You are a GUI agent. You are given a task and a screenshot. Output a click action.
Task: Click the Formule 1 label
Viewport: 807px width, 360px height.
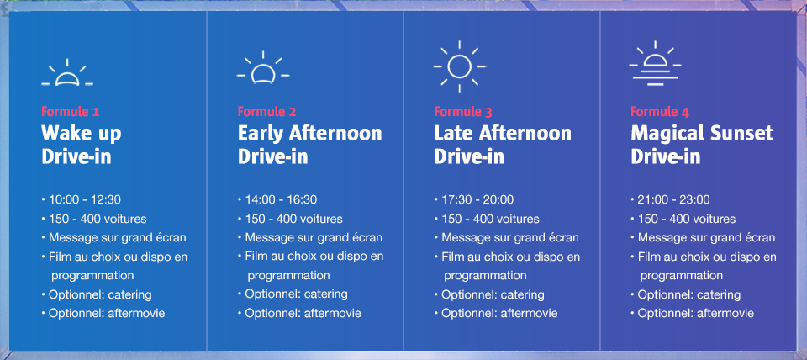[70, 112]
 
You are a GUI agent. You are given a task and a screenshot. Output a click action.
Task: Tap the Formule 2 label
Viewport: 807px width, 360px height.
[266, 112]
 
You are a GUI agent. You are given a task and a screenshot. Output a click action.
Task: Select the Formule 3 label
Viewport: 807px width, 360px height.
[463, 112]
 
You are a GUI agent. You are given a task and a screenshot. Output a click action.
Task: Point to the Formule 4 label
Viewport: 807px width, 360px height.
[660, 112]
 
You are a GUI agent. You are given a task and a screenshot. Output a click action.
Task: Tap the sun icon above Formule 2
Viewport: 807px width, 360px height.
[263, 68]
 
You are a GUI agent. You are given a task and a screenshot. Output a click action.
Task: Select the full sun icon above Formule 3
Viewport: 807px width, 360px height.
[460, 66]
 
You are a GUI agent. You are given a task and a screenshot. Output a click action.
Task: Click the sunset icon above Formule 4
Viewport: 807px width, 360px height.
[655, 63]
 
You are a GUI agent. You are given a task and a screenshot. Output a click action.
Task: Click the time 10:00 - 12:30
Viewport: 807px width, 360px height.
[85, 200]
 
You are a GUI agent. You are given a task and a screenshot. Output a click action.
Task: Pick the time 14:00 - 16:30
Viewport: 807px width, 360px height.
[281, 200]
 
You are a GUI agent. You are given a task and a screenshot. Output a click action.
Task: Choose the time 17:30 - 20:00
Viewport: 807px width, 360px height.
[477, 200]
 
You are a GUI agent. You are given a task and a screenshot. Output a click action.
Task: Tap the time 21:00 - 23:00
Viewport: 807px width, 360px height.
[673, 200]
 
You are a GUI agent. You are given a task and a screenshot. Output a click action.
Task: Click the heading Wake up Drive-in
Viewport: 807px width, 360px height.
[82, 145]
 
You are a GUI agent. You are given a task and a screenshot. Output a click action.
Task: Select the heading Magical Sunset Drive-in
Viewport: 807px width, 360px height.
[702, 145]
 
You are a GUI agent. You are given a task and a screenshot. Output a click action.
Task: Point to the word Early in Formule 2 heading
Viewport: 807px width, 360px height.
[261, 134]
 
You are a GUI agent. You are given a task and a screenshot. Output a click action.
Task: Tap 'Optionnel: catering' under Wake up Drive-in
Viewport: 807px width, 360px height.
[100, 295]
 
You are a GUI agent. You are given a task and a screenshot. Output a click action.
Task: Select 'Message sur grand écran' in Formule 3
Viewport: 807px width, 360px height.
[510, 238]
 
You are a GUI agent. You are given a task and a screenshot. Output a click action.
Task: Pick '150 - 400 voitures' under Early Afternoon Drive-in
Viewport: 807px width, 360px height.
[294, 219]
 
